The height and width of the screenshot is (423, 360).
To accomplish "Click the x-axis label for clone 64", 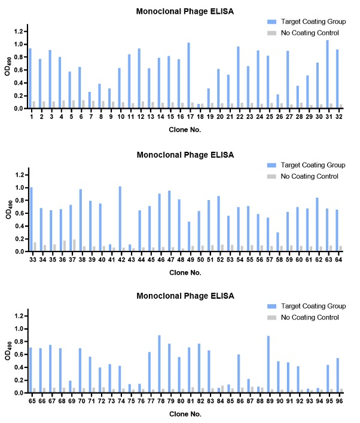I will pos(340,259).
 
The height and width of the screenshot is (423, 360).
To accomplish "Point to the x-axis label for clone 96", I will pos(340,401).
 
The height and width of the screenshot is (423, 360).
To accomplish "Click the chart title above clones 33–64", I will pos(185,155).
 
